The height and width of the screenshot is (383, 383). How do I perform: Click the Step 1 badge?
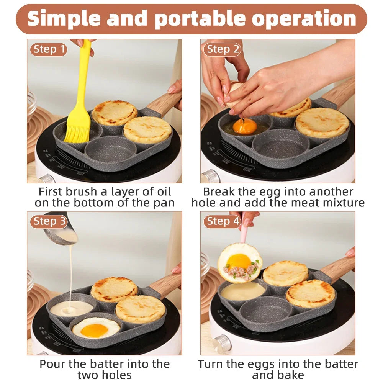(x=49, y=49)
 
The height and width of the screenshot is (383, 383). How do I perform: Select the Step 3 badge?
(x=49, y=221)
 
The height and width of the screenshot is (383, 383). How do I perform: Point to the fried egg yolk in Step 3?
(x=94, y=330)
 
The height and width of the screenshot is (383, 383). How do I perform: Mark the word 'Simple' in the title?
(x=65, y=19)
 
